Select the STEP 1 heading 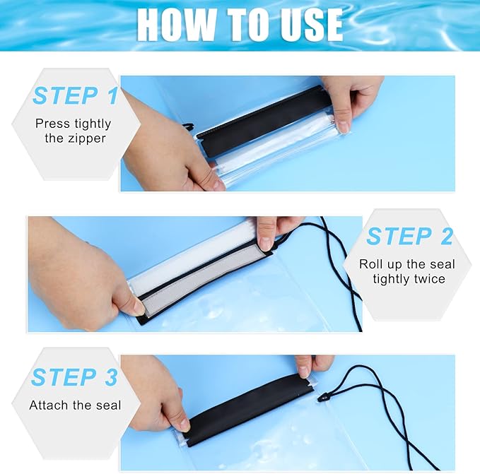[x=75, y=95]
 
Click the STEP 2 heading [x=409, y=237]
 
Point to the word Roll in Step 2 [x=371, y=264]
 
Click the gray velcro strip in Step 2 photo [x=205, y=276]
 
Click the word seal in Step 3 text [x=107, y=405]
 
